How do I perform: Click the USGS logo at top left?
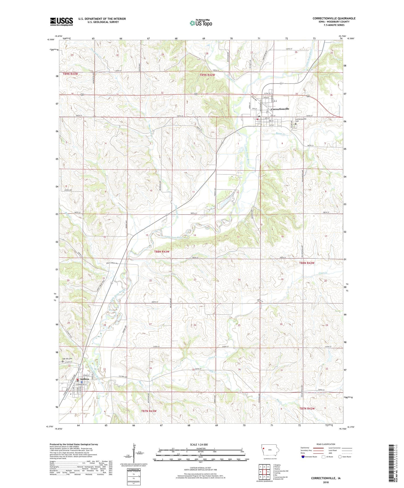[61, 21]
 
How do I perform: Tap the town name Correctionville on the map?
[280, 109]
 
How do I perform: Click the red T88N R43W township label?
[162, 252]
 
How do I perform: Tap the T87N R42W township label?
[307, 408]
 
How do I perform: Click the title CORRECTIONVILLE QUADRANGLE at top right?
[334, 18]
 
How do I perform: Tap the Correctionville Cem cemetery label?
[301, 120]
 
